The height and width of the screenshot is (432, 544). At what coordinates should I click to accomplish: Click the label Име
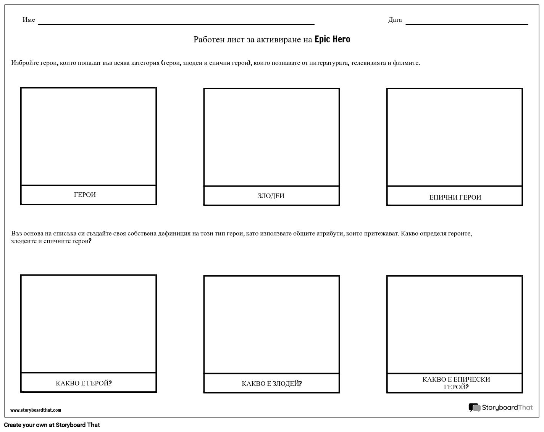tap(29, 20)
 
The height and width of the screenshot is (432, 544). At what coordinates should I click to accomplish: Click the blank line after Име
tap(176, 24)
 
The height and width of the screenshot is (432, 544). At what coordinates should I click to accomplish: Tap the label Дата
tap(395, 20)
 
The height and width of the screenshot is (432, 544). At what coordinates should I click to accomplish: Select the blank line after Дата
tap(467, 24)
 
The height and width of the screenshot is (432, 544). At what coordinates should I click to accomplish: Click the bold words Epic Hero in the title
tap(332, 39)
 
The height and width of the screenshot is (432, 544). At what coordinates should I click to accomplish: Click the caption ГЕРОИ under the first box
tap(85, 195)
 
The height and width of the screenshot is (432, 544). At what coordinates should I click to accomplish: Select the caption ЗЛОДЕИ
tap(271, 196)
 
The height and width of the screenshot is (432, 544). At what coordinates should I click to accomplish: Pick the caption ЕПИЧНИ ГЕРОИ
tap(455, 197)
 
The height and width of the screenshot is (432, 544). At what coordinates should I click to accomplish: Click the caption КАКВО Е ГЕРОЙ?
tap(84, 383)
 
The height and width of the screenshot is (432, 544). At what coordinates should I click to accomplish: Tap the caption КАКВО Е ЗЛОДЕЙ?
tap(272, 384)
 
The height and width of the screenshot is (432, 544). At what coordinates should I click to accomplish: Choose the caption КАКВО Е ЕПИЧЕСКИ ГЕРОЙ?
tap(456, 383)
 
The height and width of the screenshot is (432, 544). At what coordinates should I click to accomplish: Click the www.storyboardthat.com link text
tap(36, 410)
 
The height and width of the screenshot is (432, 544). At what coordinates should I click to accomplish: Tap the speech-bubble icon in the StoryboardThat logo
tap(474, 408)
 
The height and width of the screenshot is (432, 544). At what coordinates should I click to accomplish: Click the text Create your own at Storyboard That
tap(52, 425)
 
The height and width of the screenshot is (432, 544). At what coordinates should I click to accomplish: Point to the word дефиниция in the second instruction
tap(174, 234)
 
